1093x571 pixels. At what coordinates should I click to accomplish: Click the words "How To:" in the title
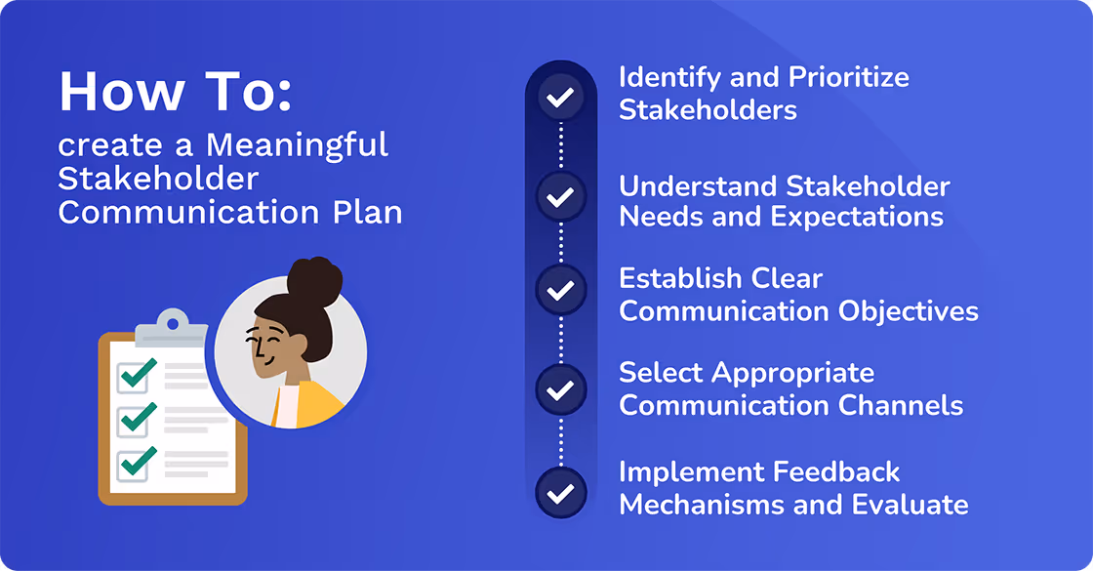176,92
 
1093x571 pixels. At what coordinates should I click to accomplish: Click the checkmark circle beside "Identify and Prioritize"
560,98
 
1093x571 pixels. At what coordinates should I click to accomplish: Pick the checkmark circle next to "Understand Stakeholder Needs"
560,197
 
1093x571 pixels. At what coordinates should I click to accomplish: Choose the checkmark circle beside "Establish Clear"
560,291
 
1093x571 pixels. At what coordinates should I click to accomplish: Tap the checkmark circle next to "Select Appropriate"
560,390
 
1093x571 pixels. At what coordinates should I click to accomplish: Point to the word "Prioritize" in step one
848,78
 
